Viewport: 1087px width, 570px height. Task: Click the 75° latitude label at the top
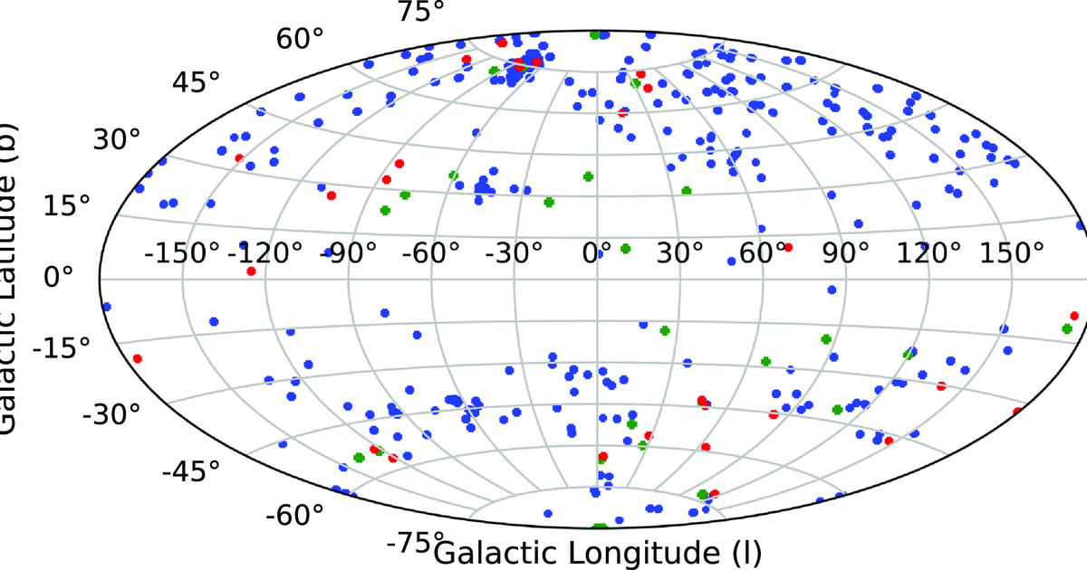tap(420, 12)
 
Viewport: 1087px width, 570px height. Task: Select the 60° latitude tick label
tap(300, 40)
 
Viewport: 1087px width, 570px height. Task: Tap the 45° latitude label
tap(196, 83)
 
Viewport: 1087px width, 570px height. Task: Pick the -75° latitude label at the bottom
tap(412, 545)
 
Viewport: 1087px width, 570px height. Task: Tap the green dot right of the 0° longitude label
tap(625, 249)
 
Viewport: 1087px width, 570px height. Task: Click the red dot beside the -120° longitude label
tap(251, 271)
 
